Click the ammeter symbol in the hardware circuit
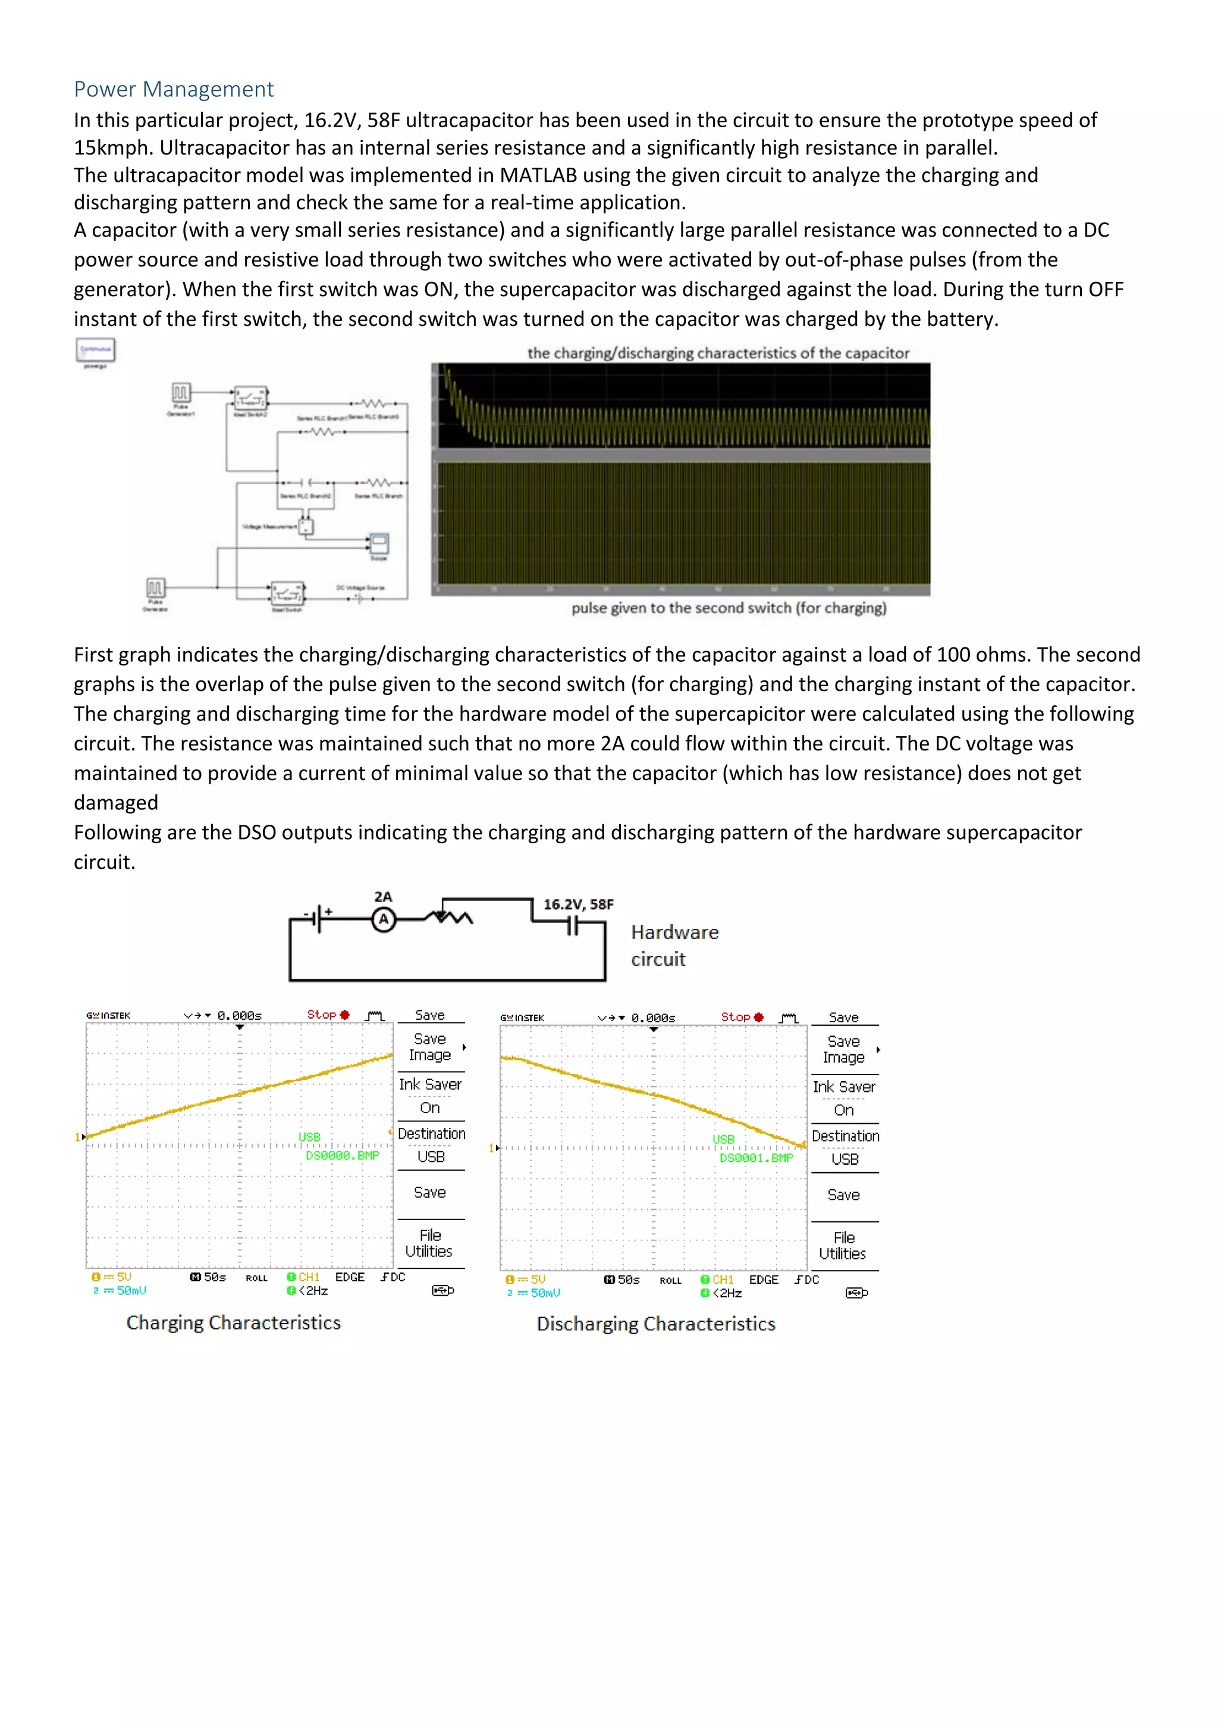coord(383,919)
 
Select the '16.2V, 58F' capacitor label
coord(578,904)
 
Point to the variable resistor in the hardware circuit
coord(448,916)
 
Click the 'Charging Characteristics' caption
coord(233,1322)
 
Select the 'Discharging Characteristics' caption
coord(655,1324)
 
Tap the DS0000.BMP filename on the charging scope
coord(342,1156)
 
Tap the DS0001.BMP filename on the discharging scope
coord(756,1158)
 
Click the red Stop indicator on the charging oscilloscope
coord(328,1015)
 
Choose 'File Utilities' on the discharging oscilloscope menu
coord(843,1246)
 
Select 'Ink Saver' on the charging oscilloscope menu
coord(430,1085)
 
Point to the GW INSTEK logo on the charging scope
coord(108,1016)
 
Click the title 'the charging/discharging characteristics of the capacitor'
coord(718,353)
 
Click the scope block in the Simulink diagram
coord(379,543)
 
